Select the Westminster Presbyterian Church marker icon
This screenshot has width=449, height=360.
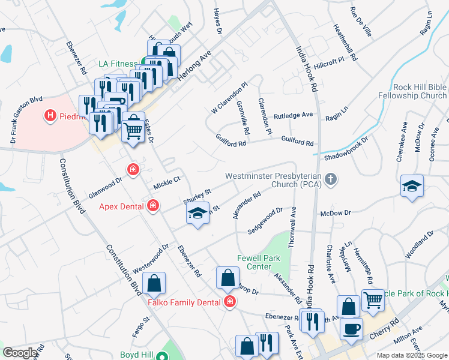[331, 179]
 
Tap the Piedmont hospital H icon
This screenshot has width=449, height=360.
[50, 115]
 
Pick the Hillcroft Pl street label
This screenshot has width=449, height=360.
[328, 61]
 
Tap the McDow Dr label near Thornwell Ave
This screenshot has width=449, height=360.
[335, 213]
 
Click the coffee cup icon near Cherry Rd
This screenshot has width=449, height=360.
[351, 329]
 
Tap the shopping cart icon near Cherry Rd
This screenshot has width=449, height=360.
[373, 300]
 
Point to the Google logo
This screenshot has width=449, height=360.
[19, 353]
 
